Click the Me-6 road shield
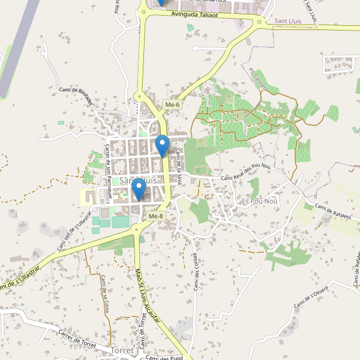[x=172, y=105]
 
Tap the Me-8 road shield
[x=155, y=216]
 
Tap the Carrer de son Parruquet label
[x=109, y=171]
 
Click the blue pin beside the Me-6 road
[x=162, y=145]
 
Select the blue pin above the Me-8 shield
[x=139, y=191]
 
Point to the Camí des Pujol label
[x=163, y=358]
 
